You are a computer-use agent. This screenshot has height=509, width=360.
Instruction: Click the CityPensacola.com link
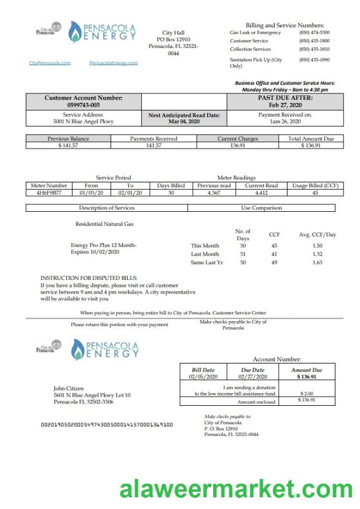50,63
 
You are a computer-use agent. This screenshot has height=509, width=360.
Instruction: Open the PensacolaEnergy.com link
113,63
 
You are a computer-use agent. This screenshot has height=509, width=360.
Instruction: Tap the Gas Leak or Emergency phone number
314,33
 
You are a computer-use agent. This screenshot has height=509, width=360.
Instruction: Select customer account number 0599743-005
84,105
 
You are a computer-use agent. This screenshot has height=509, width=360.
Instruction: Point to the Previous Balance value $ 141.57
68,145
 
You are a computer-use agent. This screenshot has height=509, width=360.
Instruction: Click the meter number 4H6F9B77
48,192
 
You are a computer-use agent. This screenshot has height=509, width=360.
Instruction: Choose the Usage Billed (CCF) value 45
315,192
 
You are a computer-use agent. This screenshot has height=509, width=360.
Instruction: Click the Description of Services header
106,208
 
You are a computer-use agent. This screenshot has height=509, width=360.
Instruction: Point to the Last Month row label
205,254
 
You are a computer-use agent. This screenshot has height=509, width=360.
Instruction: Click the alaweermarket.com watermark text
235,490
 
